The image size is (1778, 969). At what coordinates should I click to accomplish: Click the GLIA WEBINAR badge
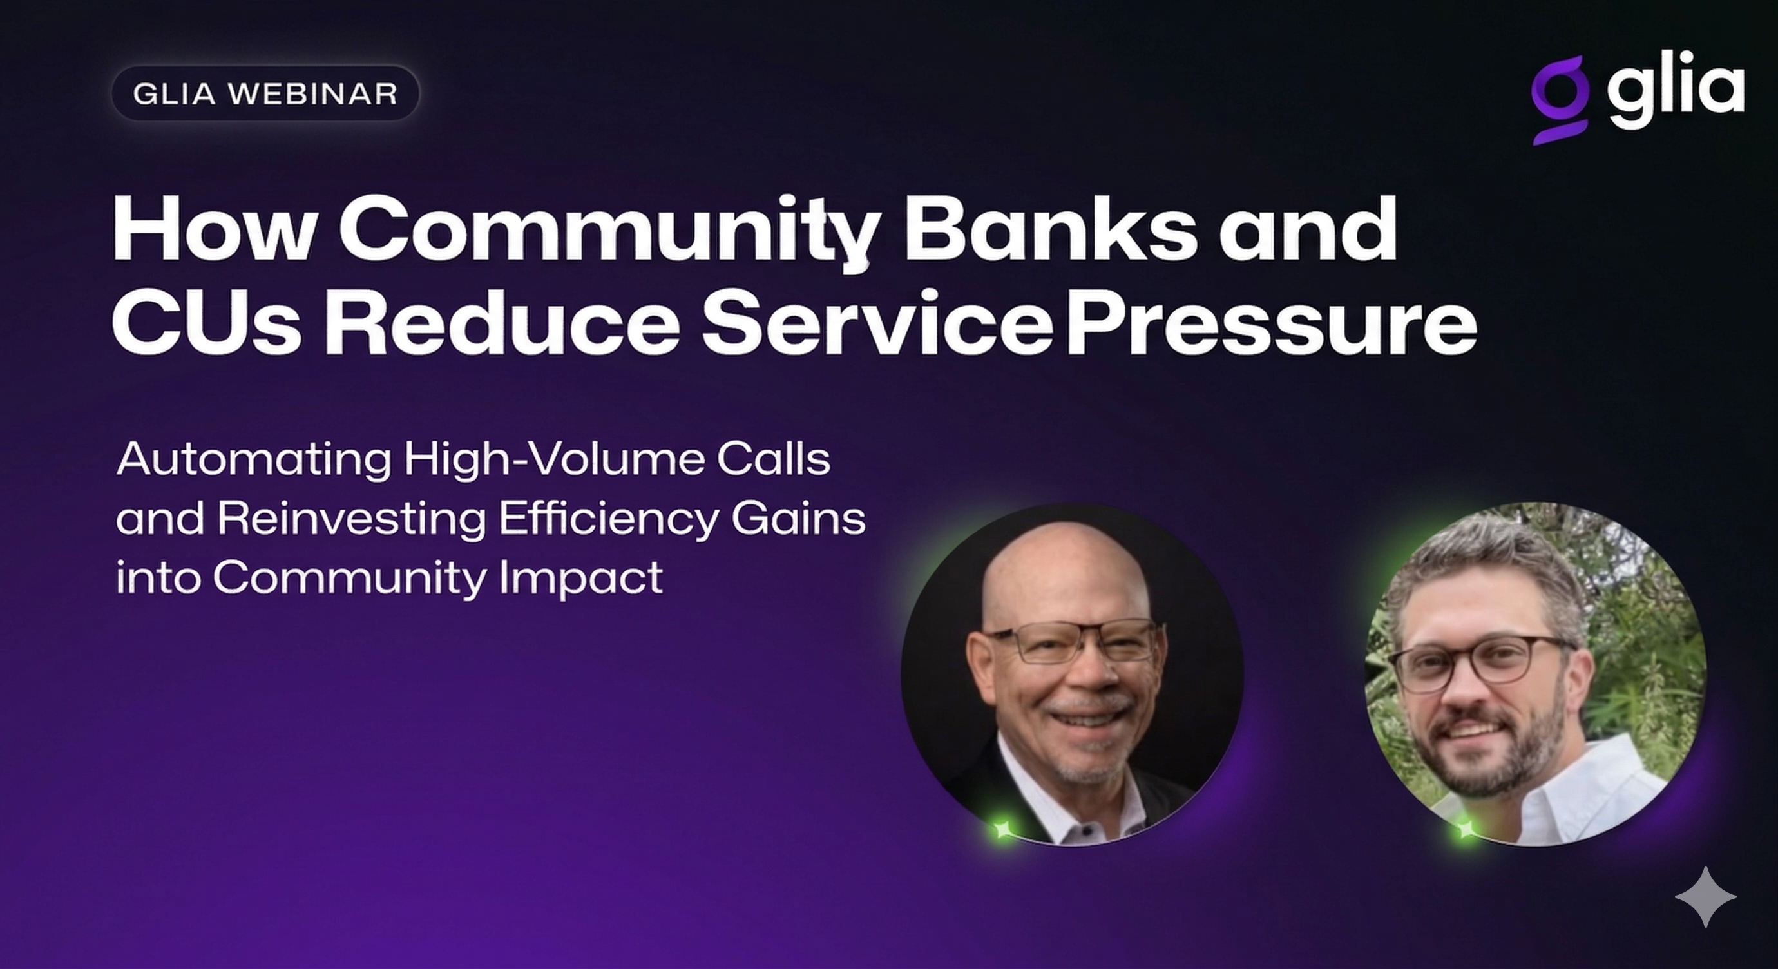(265, 93)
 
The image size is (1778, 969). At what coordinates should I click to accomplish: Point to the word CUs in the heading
(206, 322)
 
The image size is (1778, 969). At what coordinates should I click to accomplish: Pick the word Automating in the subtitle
(254, 461)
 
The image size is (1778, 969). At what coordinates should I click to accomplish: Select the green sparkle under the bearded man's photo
(1465, 828)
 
